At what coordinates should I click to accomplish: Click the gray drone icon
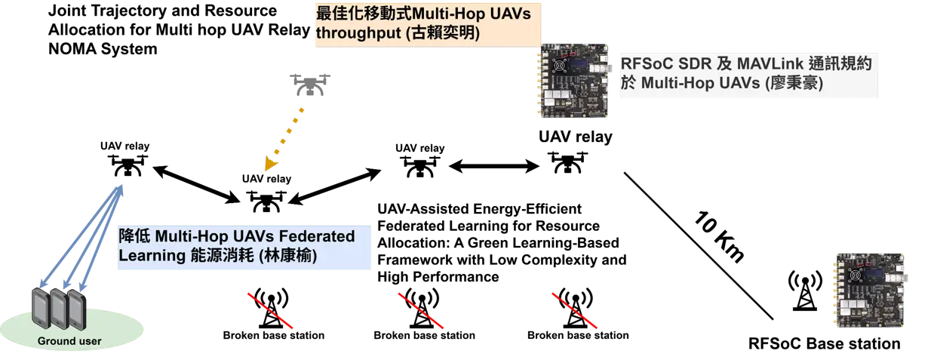(x=310, y=85)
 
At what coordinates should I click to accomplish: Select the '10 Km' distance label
(x=719, y=236)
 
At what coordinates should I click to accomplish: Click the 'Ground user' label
(x=69, y=341)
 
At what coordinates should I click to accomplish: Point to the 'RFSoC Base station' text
(x=825, y=343)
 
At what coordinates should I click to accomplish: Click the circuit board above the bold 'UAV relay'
(x=575, y=81)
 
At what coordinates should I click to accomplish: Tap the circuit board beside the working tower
(x=871, y=291)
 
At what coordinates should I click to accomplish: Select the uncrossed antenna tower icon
(x=805, y=291)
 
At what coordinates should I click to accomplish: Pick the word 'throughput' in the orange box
(x=358, y=33)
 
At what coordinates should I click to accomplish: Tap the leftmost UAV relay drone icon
(x=128, y=165)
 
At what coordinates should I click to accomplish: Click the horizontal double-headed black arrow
(x=494, y=167)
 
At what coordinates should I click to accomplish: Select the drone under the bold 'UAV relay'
(x=567, y=162)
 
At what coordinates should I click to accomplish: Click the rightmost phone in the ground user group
(x=77, y=310)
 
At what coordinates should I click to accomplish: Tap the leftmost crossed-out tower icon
(x=271, y=307)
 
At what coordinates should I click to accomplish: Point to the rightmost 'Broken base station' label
(x=578, y=335)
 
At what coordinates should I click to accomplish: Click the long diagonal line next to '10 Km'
(x=699, y=246)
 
